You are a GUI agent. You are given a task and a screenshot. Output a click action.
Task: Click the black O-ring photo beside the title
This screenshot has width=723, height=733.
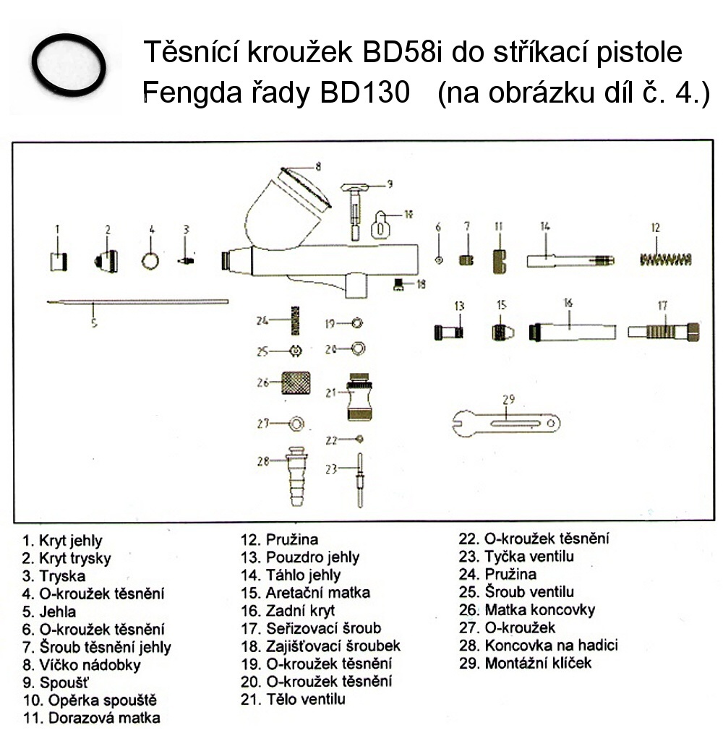click(x=70, y=66)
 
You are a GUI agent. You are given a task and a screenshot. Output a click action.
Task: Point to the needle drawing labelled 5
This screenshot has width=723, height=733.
click(x=137, y=302)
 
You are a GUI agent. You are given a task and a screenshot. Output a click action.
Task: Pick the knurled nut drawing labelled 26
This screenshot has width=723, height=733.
click(x=294, y=381)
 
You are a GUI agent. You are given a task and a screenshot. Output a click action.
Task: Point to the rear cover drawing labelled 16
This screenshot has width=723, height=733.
click(x=573, y=332)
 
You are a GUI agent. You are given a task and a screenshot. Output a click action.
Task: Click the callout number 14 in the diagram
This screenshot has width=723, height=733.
click(x=545, y=226)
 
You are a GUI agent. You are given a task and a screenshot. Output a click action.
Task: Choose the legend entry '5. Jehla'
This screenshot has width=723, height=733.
click(x=49, y=612)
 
